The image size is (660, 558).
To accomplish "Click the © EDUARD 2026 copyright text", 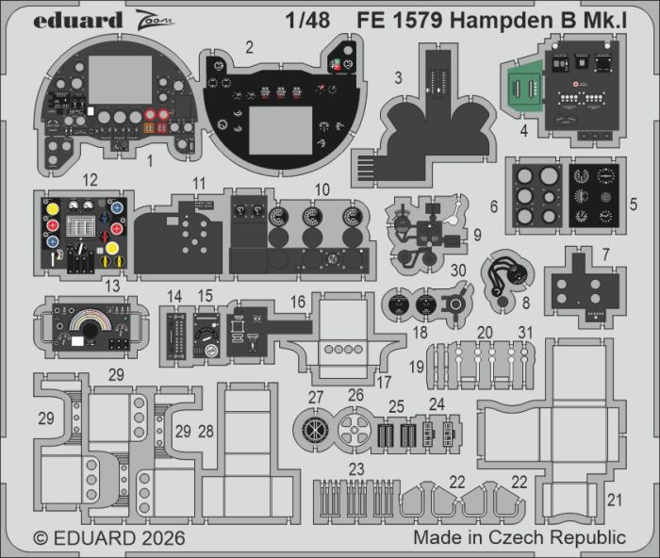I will point(109,538).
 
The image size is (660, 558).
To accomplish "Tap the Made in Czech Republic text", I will point(519,538).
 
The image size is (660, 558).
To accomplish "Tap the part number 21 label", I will point(614,499).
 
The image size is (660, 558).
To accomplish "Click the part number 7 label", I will point(605,254).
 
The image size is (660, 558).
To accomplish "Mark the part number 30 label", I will point(457,270).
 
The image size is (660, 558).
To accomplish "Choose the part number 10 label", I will point(322,190).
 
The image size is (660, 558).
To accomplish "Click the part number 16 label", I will point(298,303).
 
